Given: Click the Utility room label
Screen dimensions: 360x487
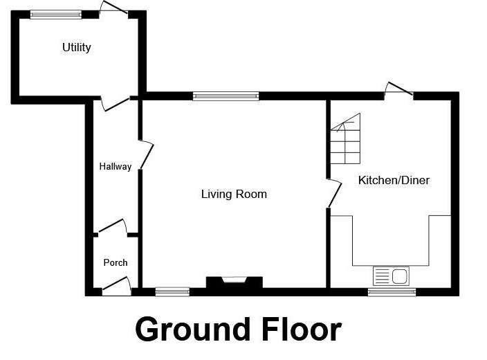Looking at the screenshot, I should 77,48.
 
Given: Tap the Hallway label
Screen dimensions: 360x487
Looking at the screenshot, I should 115,167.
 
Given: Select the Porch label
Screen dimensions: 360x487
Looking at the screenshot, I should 116,262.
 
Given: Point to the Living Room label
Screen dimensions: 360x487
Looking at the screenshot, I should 234,194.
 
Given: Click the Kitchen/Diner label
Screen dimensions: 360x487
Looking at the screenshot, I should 394,181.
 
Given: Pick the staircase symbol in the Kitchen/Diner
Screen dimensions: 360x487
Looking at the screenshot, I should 345,139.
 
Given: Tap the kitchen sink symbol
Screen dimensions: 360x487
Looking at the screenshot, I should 392,276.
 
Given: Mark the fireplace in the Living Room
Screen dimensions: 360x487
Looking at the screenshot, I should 235,282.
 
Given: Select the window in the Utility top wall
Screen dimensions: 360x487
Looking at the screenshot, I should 55,14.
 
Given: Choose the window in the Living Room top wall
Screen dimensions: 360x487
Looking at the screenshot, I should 226,96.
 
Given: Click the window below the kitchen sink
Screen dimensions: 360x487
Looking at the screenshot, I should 392,292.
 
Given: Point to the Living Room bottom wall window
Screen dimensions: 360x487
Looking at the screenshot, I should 172,292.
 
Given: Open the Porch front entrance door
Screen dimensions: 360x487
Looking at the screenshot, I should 117,287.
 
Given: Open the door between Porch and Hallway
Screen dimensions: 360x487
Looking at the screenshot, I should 113,228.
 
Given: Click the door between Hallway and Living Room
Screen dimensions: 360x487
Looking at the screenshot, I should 145,154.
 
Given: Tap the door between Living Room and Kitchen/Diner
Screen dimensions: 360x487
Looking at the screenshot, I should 333,193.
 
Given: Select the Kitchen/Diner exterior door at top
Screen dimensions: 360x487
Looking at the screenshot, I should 399,90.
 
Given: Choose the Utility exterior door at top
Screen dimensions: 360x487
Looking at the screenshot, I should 113,8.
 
